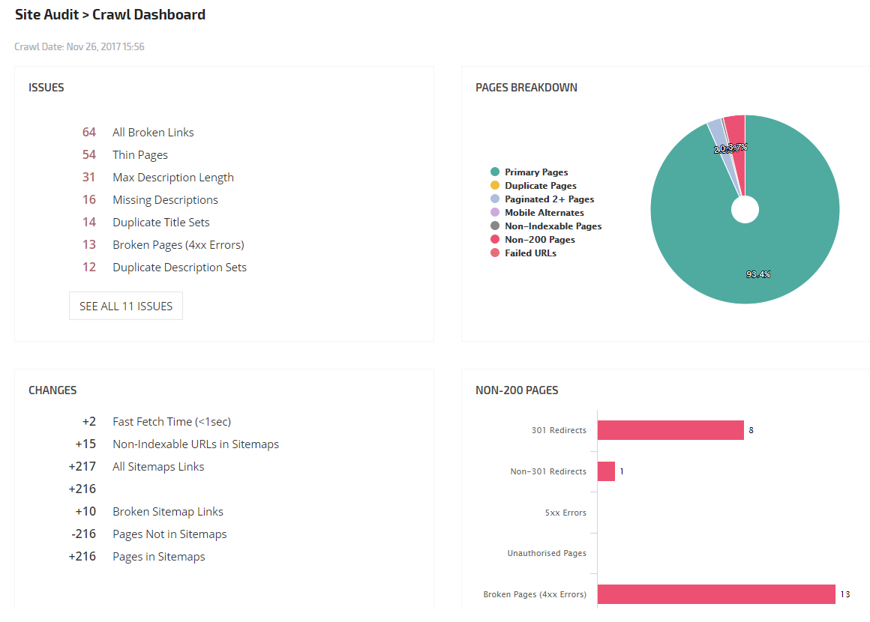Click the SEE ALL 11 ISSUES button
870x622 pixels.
pos(126,306)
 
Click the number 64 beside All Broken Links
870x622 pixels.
pos(89,132)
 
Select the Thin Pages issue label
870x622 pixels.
pos(140,154)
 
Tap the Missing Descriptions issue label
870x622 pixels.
pos(165,199)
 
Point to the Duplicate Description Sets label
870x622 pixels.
pos(179,267)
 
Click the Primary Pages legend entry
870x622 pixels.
pos(536,172)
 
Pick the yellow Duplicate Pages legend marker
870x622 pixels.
pos(495,186)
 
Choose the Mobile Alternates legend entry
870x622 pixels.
pos(544,213)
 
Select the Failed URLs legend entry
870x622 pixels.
pos(530,253)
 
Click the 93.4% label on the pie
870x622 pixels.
pos(758,274)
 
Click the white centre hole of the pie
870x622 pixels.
pos(745,210)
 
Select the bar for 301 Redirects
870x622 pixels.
pos(670,430)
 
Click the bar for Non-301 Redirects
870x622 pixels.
pos(606,471)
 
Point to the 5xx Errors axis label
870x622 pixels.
pos(565,513)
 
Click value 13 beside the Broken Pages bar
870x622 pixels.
pos(845,594)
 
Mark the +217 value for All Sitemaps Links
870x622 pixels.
pos(82,466)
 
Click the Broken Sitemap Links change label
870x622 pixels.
pos(168,511)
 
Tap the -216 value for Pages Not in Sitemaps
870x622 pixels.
pos(83,534)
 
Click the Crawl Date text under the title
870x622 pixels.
pos(79,46)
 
